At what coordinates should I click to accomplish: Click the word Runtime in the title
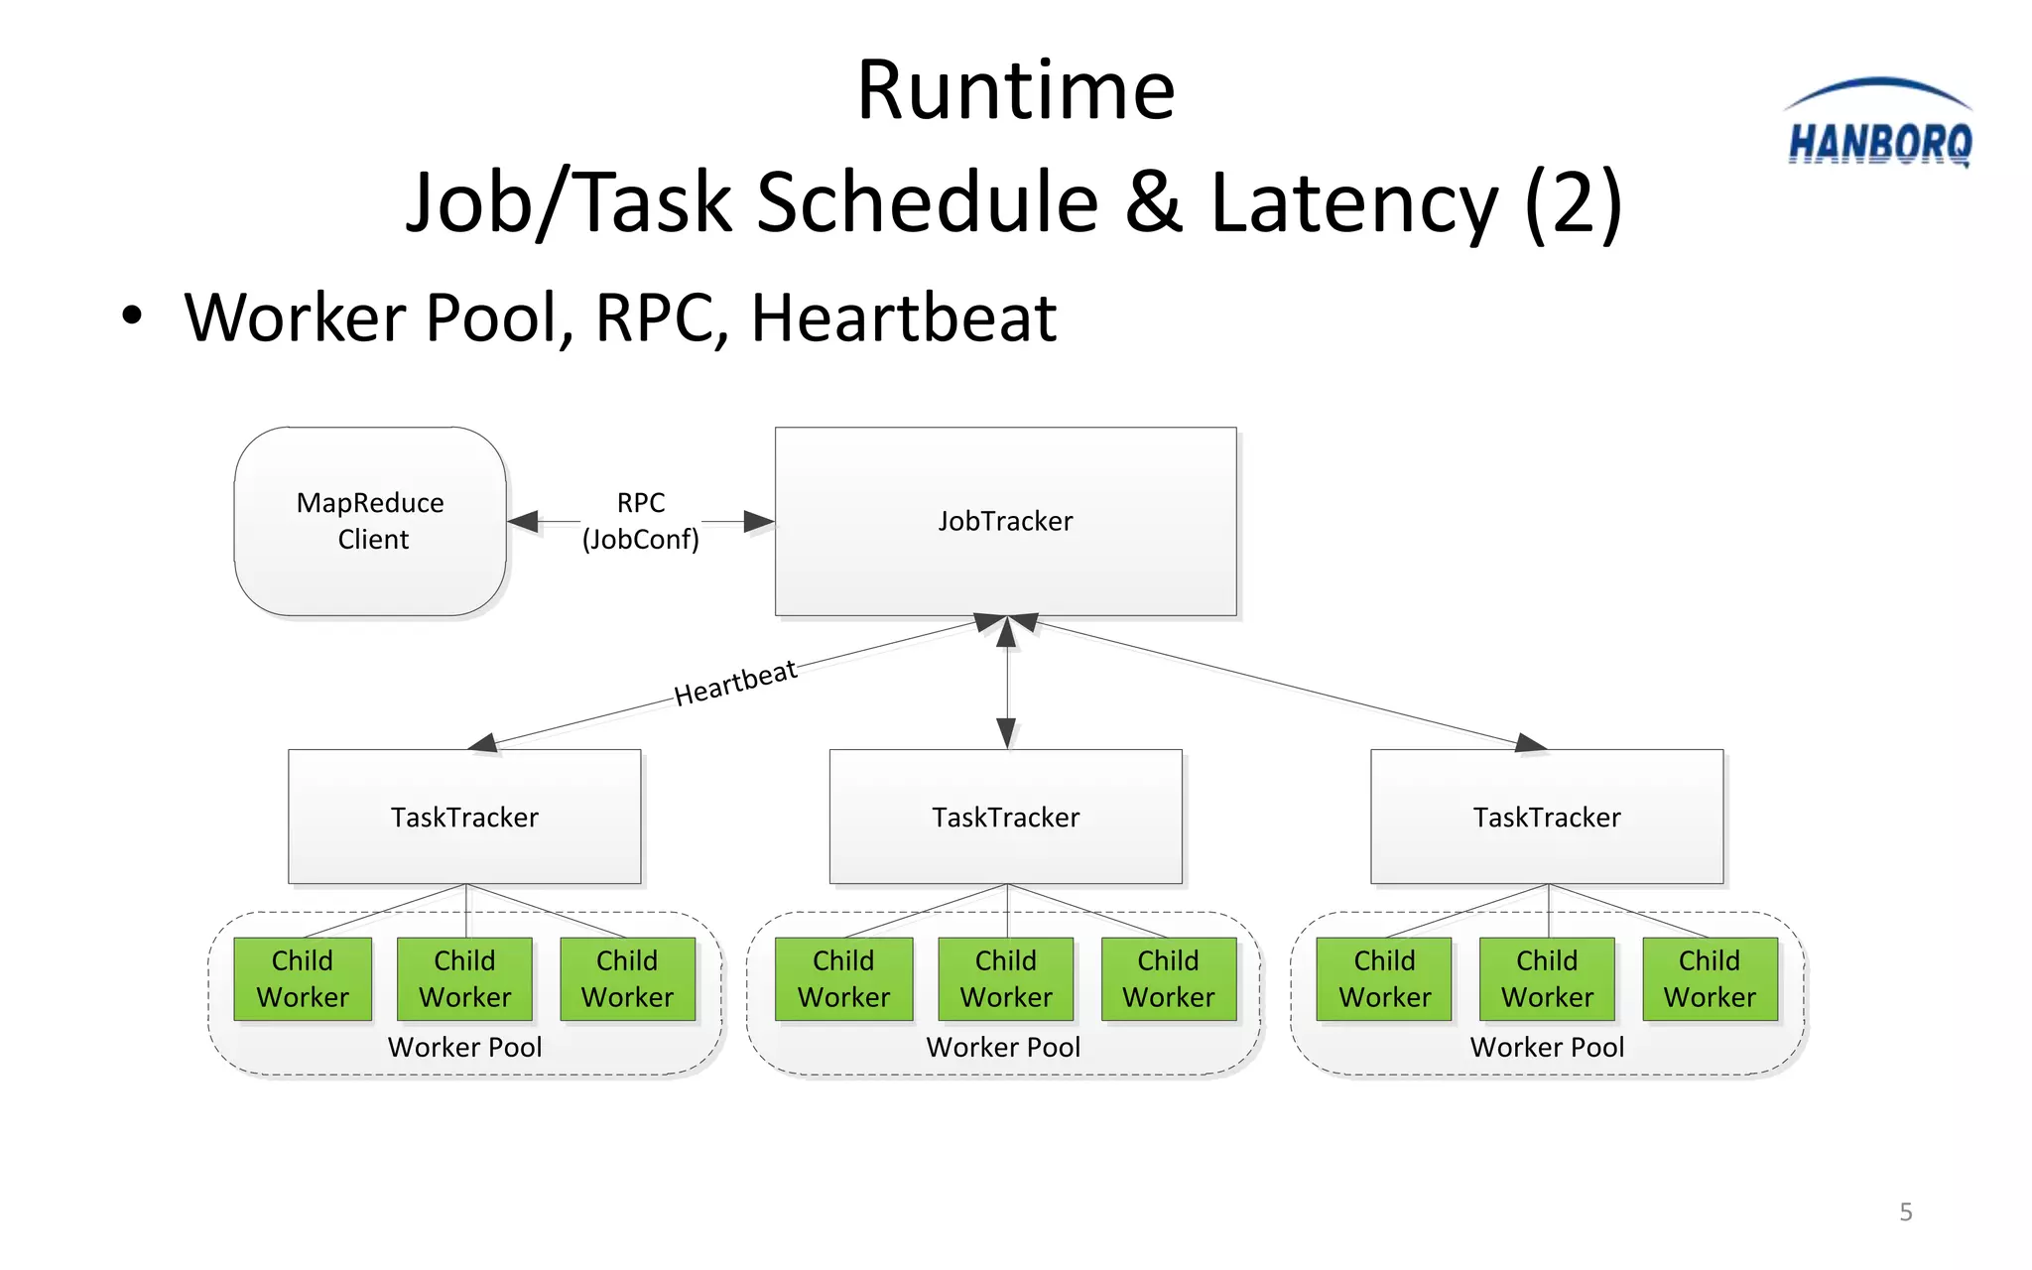pos(1015,90)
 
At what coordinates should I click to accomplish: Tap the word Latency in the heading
pos(1354,202)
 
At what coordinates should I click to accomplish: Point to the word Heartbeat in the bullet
pos(903,318)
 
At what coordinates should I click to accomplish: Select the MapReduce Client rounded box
pos(370,521)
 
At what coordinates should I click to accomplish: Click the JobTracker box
pos(1005,521)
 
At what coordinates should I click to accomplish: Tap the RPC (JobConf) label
pos(640,521)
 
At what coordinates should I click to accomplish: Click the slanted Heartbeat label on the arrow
pos(735,683)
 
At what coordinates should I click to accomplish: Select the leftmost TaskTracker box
pos(464,817)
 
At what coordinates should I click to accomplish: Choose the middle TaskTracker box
pos(1005,817)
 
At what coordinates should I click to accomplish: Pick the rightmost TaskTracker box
pos(1546,817)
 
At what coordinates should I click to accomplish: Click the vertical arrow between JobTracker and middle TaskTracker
pos(1006,685)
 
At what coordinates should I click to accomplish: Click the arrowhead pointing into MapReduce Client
pos(523,521)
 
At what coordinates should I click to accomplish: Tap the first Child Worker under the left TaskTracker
pos(303,978)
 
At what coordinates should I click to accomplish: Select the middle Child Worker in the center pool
pos(1005,978)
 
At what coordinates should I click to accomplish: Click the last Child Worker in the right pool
pos(1709,978)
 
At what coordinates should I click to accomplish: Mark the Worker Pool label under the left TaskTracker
pos(464,1047)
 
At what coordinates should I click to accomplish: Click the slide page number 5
pos(1905,1211)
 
